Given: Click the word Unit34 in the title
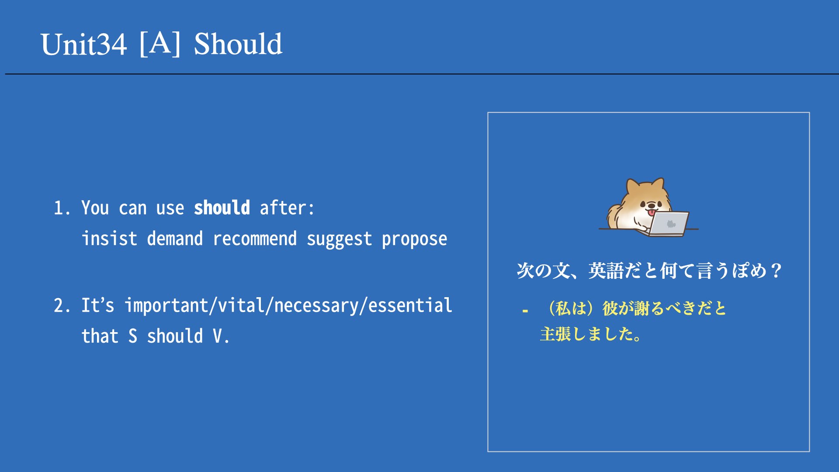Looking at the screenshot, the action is [x=83, y=44].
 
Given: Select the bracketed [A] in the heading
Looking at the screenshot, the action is [x=160, y=43].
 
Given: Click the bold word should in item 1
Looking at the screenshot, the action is [x=222, y=208].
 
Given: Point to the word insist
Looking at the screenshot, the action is [x=110, y=239].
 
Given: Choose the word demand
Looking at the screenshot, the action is [x=175, y=239].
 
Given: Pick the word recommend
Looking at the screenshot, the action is [x=255, y=239].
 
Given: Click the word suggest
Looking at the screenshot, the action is [x=340, y=239].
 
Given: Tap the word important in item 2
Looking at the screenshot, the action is [x=166, y=305].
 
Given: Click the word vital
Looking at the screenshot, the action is [x=241, y=305].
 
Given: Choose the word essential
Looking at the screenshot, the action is [x=410, y=305].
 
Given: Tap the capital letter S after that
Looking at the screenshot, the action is [x=133, y=336].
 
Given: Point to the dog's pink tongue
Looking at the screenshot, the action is [x=652, y=212].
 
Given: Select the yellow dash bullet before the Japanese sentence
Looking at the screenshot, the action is [x=525, y=311].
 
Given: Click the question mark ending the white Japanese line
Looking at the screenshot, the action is [x=776, y=271].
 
